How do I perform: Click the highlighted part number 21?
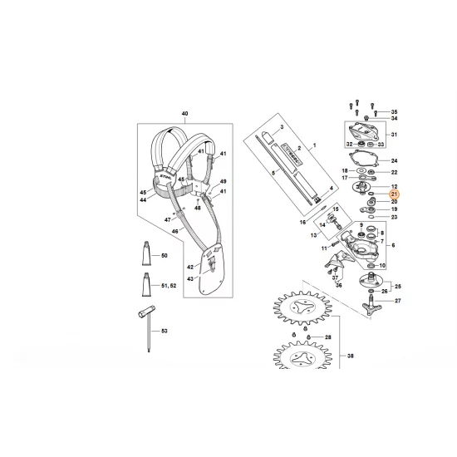(394, 194)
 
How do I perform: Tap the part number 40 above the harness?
(184, 113)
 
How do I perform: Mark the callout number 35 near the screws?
(394, 111)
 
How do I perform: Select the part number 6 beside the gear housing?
(394, 247)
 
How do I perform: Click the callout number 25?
(396, 283)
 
